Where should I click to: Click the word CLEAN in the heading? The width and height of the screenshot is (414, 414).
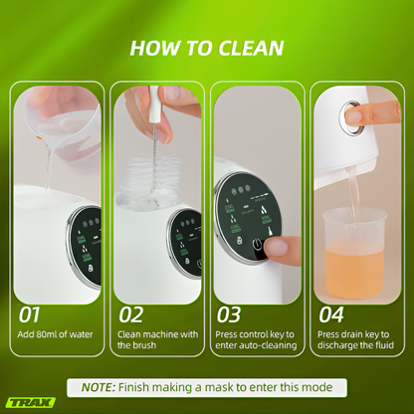[251, 48]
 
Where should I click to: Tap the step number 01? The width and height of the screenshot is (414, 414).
[29, 314]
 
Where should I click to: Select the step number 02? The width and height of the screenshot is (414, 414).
[131, 314]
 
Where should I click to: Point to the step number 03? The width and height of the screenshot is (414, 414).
[229, 314]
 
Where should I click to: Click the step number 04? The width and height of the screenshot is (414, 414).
[331, 314]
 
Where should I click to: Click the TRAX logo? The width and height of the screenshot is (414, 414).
[31, 403]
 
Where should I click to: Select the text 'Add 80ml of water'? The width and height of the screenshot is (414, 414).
[55, 334]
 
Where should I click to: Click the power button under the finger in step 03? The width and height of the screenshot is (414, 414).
[258, 246]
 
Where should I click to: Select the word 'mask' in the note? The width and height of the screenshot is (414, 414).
[222, 387]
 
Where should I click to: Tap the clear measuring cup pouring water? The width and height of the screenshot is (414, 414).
[67, 129]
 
